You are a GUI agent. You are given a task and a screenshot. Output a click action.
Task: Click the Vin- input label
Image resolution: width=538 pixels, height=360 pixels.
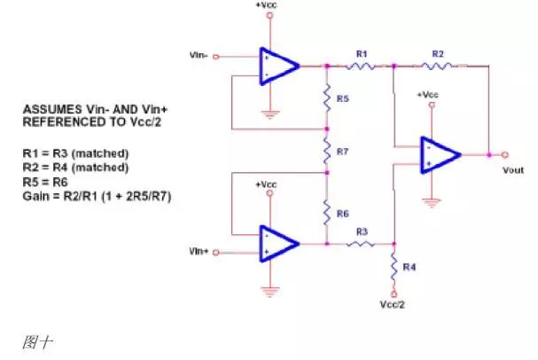tap(199, 55)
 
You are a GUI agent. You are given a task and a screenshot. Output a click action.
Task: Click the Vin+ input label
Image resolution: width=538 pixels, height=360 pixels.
tap(199, 253)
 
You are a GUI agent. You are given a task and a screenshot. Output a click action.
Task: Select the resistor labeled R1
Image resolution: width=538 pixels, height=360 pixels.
tap(362, 65)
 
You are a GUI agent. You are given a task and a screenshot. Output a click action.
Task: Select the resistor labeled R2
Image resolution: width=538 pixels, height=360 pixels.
tap(438, 65)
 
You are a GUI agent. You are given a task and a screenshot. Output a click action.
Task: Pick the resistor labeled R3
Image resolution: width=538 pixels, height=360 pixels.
tap(362, 243)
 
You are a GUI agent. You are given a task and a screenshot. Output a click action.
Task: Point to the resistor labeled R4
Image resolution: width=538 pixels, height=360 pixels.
tap(393, 265)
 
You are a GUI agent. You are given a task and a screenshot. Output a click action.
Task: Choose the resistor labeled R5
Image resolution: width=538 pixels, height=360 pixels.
tap(327, 97)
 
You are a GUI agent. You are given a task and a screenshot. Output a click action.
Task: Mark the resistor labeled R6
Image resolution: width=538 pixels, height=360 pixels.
tap(327, 213)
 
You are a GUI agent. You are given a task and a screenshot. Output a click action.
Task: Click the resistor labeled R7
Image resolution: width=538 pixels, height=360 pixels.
tap(327, 152)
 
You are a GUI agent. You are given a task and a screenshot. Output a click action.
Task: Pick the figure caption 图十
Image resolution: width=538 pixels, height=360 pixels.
tap(34, 341)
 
